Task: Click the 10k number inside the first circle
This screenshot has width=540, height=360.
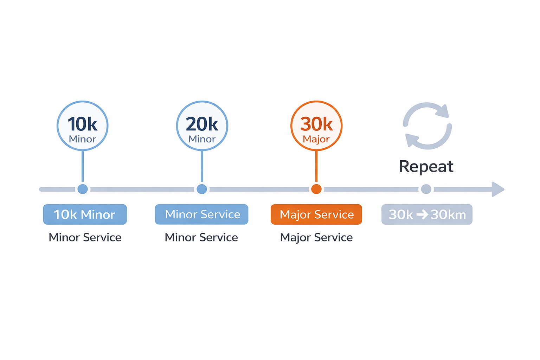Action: [x=82, y=124]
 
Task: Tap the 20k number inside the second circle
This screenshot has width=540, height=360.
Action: [x=202, y=124]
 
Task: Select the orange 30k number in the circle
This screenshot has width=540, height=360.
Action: [x=316, y=124]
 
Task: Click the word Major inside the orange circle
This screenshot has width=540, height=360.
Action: [x=316, y=140]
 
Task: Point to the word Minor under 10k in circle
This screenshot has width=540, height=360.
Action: [x=82, y=139]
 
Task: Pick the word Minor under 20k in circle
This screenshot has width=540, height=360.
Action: [x=202, y=139]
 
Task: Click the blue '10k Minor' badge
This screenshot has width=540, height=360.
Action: [x=85, y=214]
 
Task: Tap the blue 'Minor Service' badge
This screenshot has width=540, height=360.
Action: [x=202, y=214]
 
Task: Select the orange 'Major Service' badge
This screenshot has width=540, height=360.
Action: [x=316, y=214]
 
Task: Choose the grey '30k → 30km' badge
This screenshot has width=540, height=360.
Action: [x=427, y=214]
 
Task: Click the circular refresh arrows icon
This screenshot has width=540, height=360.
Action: [x=427, y=126]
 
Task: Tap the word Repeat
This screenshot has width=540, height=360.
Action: [x=426, y=166]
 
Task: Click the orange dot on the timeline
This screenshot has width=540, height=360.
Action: [x=316, y=189]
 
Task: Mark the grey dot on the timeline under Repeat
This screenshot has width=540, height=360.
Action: [x=426, y=189]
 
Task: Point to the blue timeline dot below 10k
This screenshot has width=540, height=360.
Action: [x=83, y=189]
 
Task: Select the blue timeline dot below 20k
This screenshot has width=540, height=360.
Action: [x=202, y=189]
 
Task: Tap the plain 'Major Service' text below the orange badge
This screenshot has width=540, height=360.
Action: [x=316, y=238]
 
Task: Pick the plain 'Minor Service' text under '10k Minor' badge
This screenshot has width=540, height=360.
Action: [x=85, y=238]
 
